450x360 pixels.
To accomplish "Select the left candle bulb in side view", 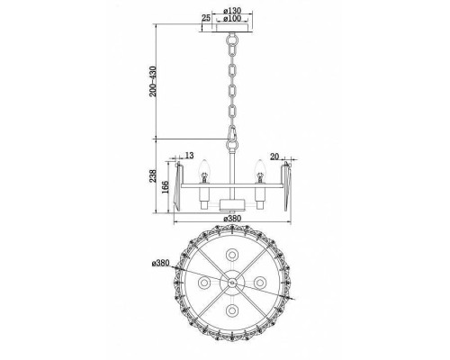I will point(204,169).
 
